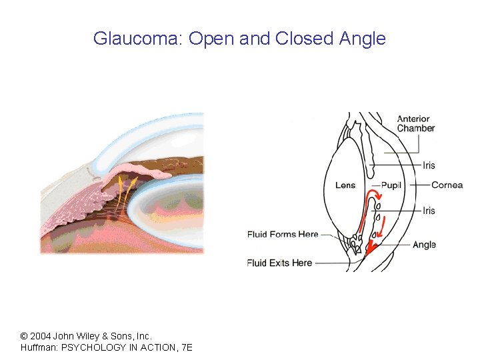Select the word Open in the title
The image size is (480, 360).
211,39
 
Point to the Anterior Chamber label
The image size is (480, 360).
416,123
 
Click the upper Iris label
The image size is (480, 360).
429,165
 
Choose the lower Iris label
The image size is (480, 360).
429,211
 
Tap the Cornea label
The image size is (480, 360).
447,185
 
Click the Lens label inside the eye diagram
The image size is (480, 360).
345,185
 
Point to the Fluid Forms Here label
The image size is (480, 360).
283,234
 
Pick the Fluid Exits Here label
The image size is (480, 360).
279,263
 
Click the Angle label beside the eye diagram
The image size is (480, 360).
424,245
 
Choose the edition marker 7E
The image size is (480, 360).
186,348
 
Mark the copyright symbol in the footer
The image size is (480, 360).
24,336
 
